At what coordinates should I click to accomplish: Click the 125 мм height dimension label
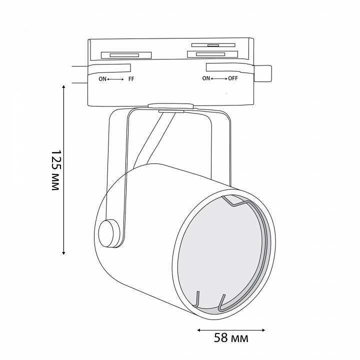(56, 170)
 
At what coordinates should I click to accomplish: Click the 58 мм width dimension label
(231, 337)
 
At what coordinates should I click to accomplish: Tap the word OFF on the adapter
(233, 78)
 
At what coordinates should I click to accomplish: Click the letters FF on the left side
(131, 79)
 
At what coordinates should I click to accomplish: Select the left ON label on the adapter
(102, 79)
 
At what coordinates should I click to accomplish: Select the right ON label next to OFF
(206, 78)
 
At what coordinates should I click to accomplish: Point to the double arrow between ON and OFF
(219, 78)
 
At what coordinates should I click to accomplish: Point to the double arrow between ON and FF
(115, 79)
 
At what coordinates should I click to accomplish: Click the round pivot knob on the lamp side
(109, 233)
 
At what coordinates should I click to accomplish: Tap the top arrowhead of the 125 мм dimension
(64, 86)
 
